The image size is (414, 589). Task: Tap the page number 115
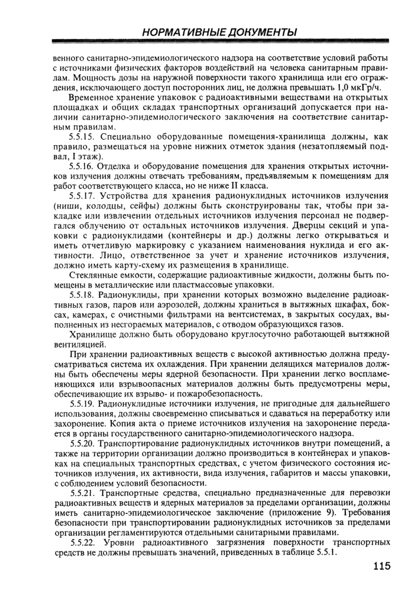(382, 566)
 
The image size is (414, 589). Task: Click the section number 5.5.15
(82, 137)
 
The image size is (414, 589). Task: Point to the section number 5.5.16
(82, 166)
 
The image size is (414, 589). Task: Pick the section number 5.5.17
(82, 196)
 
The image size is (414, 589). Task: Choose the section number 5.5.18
(82, 294)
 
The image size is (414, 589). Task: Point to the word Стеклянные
(94, 275)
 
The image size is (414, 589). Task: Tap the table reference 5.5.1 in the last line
(326, 552)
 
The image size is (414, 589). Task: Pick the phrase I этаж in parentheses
(84, 156)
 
